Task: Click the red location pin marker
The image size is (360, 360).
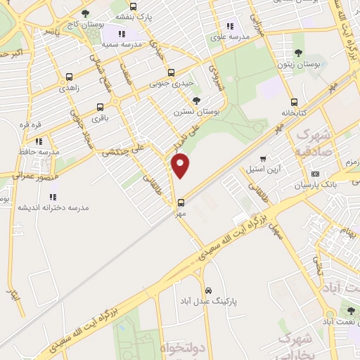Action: [x=181, y=165]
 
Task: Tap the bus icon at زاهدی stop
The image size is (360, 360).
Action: [x=69, y=77]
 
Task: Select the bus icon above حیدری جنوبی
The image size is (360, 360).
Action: [x=171, y=72]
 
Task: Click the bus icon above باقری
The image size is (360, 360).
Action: [x=98, y=108]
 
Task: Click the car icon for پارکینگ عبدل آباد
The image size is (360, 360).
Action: [x=208, y=290]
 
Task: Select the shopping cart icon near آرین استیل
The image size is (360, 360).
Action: [x=263, y=159]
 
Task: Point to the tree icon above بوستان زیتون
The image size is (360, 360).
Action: [x=300, y=53]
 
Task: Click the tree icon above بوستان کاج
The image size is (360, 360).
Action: [x=85, y=13]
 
